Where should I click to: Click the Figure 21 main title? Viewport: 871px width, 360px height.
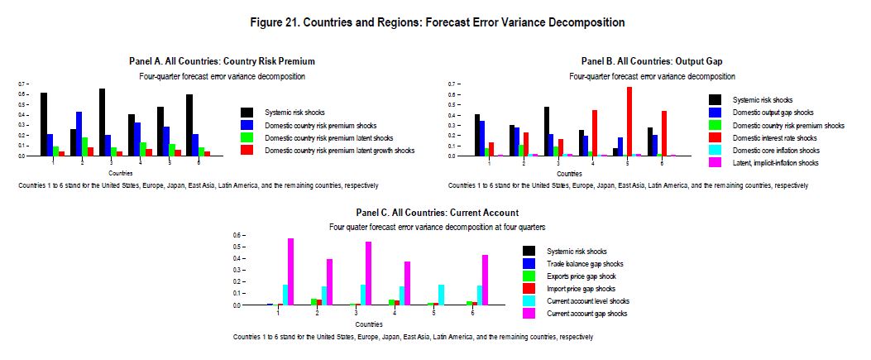(438, 23)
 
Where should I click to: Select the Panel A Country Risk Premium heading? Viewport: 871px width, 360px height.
(223, 61)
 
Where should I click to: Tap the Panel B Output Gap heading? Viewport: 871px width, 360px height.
(652, 61)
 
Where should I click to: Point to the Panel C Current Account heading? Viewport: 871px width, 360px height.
(438, 213)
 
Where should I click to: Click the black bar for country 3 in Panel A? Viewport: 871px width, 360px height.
(102, 122)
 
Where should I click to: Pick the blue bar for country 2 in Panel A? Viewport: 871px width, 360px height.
(79, 134)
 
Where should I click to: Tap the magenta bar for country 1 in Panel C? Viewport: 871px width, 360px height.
(290, 271)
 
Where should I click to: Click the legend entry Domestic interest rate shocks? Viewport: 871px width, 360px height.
(766, 138)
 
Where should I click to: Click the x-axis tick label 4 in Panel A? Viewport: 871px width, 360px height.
(140, 162)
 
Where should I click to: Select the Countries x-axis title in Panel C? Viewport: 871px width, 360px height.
(369, 324)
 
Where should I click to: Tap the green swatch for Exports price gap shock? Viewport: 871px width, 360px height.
(529, 276)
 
